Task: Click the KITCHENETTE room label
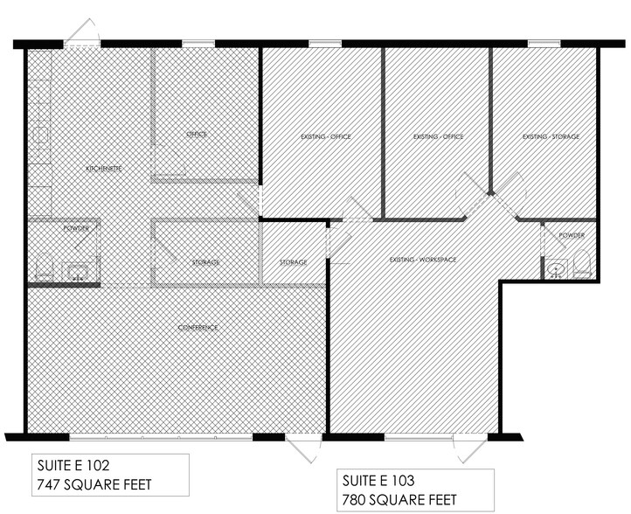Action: (104, 168)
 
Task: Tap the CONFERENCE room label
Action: (198, 327)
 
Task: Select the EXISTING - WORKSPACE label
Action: (423, 260)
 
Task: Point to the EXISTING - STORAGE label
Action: (551, 136)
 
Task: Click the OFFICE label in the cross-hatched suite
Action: (197, 134)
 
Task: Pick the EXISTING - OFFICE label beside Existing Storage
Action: (438, 137)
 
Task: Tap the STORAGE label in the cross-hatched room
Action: (205, 262)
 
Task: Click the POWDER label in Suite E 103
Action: (572, 235)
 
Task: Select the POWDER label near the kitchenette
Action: (76, 228)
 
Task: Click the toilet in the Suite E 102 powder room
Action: (44, 267)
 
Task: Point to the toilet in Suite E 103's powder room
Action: (581, 264)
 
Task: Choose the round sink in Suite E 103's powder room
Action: (556, 269)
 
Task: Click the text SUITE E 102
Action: (73, 466)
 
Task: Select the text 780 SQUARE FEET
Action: (399, 500)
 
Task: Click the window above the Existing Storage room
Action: (544, 44)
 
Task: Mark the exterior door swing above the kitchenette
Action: (82, 31)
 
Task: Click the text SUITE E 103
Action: (378, 481)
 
